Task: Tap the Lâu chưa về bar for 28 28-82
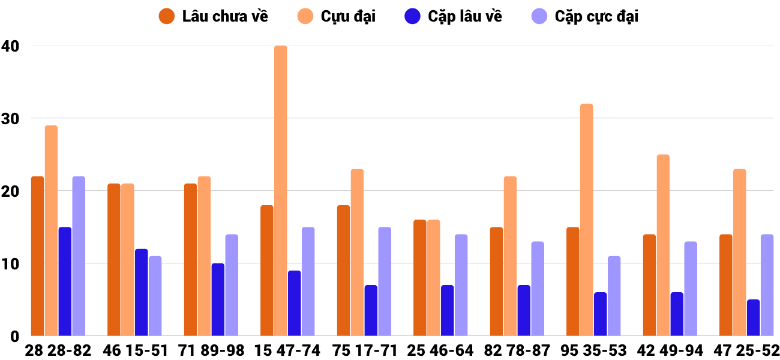[37, 256]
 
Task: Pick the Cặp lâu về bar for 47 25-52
[753, 318]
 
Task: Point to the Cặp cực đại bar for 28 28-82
[79, 256]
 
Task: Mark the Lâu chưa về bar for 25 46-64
[419, 278]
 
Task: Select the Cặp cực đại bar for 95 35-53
[614, 296]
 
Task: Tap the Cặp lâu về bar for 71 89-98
[218, 299]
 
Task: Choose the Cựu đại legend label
[348, 16]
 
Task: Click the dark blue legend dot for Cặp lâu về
[412, 16]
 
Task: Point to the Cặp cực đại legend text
[596, 16]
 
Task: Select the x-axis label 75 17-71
[365, 350]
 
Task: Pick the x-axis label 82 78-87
[517, 350]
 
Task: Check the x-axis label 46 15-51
[135, 350]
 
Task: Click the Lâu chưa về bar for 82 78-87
[496, 281]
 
